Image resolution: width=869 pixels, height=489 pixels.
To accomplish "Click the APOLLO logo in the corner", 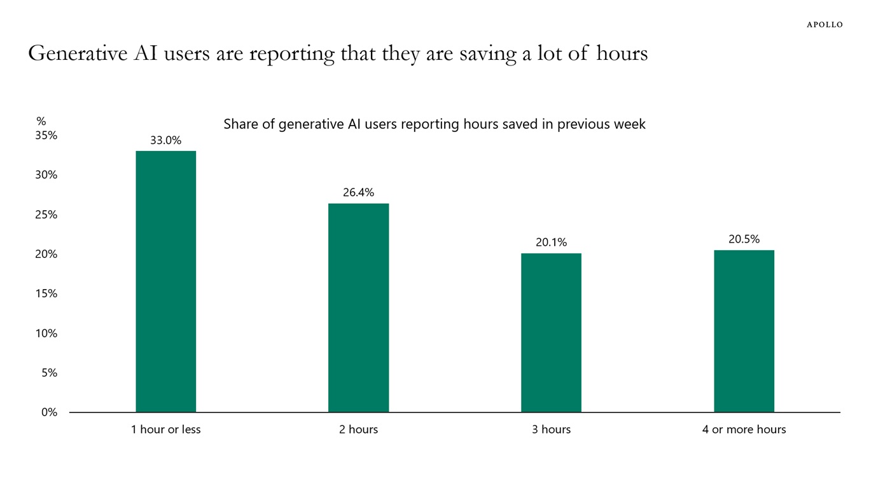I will (824, 25).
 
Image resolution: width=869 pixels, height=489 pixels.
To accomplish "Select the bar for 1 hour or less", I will (166, 281).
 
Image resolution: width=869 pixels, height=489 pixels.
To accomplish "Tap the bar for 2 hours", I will (358, 308).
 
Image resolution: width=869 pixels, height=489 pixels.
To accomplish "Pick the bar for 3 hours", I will (551, 332).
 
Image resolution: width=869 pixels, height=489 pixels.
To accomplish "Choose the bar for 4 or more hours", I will (744, 331).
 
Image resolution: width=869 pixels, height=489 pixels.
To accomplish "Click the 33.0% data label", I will (166, 141).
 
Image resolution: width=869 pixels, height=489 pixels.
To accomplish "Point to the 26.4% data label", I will (358, 193).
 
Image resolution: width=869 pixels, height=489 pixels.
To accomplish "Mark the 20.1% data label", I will (551, 243).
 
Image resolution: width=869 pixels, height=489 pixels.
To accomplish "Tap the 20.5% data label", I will (744, 239).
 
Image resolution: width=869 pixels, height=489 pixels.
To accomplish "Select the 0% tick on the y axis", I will (50, 413).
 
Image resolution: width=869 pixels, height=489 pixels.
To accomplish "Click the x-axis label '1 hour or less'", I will (166, 430).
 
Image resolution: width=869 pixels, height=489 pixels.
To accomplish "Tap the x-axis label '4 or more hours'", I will (744, 430).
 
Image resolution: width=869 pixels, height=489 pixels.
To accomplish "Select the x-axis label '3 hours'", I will (551, 430).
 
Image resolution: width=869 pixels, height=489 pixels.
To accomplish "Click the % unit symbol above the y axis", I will (41, 121).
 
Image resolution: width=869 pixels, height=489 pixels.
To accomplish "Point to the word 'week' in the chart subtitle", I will (630, 124).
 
